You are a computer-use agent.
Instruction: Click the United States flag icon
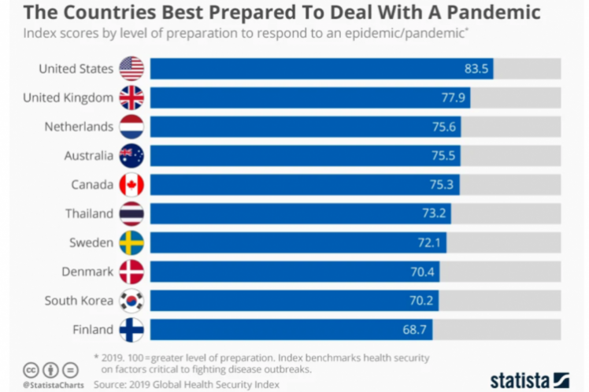[132, 68]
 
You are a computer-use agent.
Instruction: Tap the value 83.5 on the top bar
[477, 68]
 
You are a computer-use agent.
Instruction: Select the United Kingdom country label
[68, 98]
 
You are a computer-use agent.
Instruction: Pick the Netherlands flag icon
[132, 127]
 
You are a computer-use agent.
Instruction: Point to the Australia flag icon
[132, 156]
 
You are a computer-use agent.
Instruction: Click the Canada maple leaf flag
[132, 185]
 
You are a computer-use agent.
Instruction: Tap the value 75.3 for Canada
[444, 185]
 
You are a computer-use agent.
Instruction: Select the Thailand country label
[89, 213]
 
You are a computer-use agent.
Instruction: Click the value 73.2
[435, 214]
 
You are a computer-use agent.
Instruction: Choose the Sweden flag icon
[132, 242]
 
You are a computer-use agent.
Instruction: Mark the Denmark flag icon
[132, 272]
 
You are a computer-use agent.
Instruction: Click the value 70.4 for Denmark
[424, 272]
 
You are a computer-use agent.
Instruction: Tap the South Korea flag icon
[132, 301]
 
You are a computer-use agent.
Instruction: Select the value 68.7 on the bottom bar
[417, 330]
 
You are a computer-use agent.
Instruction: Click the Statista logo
[529, 379]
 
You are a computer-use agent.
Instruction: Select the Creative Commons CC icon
[31, 369]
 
